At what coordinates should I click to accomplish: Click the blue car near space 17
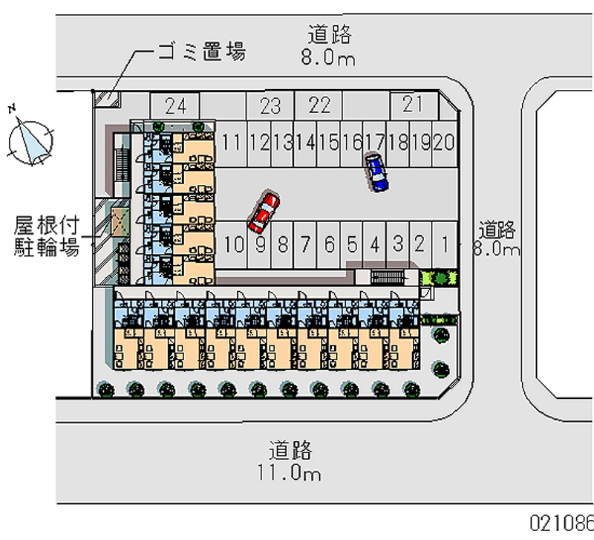coord(376,173)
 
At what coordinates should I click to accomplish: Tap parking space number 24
coord(175,105)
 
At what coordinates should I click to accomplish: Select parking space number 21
coord(412,105)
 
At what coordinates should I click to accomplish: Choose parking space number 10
coord(233,243)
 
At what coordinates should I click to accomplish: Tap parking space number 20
coord(443,141)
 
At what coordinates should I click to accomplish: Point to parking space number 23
coord(270,105)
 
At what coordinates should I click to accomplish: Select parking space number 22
coord(319,105)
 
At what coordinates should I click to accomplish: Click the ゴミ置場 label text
coord(200,52)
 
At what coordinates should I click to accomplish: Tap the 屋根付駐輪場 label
coord(46,236)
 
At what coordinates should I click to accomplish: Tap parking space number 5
coord(353,243)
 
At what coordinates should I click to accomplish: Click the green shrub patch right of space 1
coord(439,277)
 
